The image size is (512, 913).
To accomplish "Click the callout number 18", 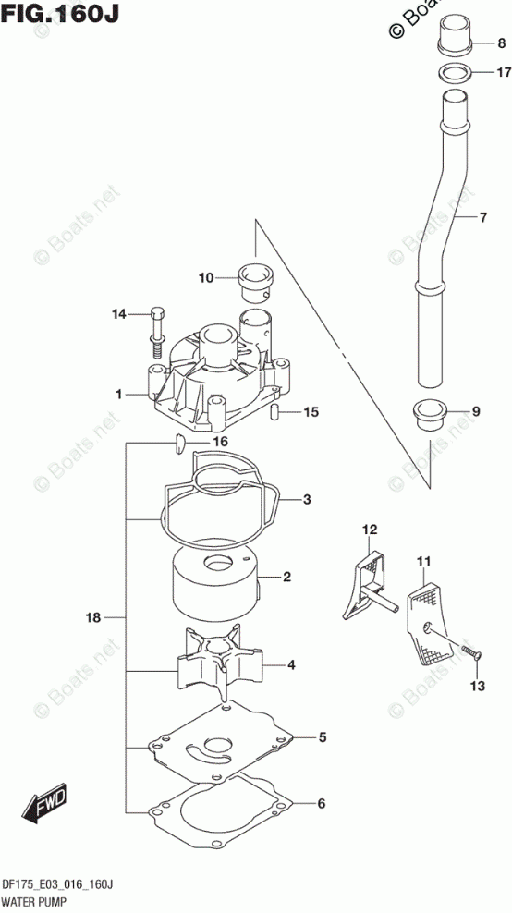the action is pos(93,618).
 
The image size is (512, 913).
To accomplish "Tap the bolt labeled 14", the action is pos(156,332).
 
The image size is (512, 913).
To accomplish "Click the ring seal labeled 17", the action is pos(455,73).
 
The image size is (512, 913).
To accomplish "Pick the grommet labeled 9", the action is pos(430,414).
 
